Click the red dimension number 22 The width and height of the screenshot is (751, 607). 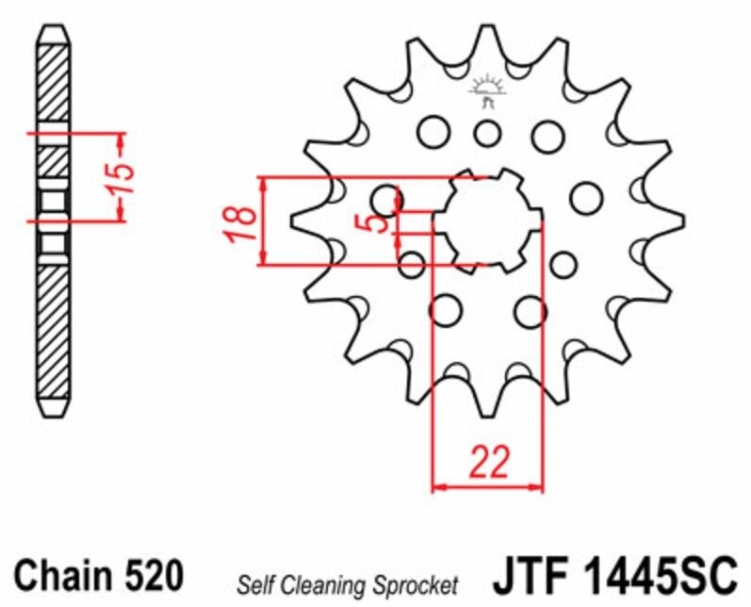(x=488, y=462)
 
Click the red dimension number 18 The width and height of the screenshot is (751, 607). (x=240, y=223)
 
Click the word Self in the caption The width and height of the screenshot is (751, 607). (x=256, y=584)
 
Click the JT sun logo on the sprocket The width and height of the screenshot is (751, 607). (x=487, y=91)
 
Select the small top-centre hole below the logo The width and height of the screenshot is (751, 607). (x=487, y=134)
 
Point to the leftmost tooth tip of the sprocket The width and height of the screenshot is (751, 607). (x=293, y=221)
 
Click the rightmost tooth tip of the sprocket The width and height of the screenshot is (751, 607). (x=682, y=221)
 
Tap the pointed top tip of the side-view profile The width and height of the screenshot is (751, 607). (x=54, y=26)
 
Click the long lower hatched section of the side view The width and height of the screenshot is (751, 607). (x=53, y=331)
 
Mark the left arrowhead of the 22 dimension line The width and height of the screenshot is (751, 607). (x=438, y=487)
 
